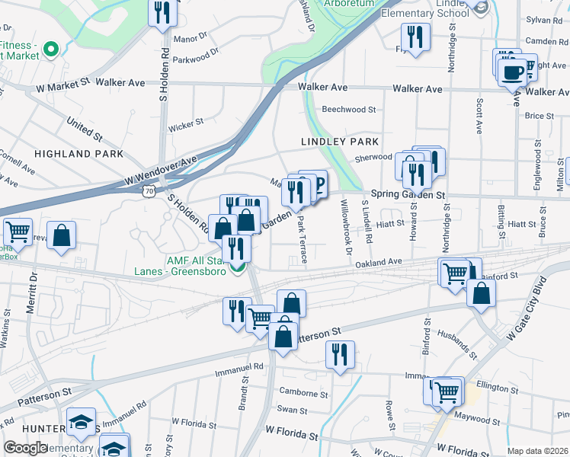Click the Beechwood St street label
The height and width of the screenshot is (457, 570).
349,109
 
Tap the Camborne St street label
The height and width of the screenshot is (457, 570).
303,393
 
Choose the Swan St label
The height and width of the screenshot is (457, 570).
292,410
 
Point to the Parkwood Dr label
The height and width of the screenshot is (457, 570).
196,55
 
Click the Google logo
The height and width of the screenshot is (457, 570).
25,448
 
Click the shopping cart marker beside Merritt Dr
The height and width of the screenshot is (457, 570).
18,230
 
